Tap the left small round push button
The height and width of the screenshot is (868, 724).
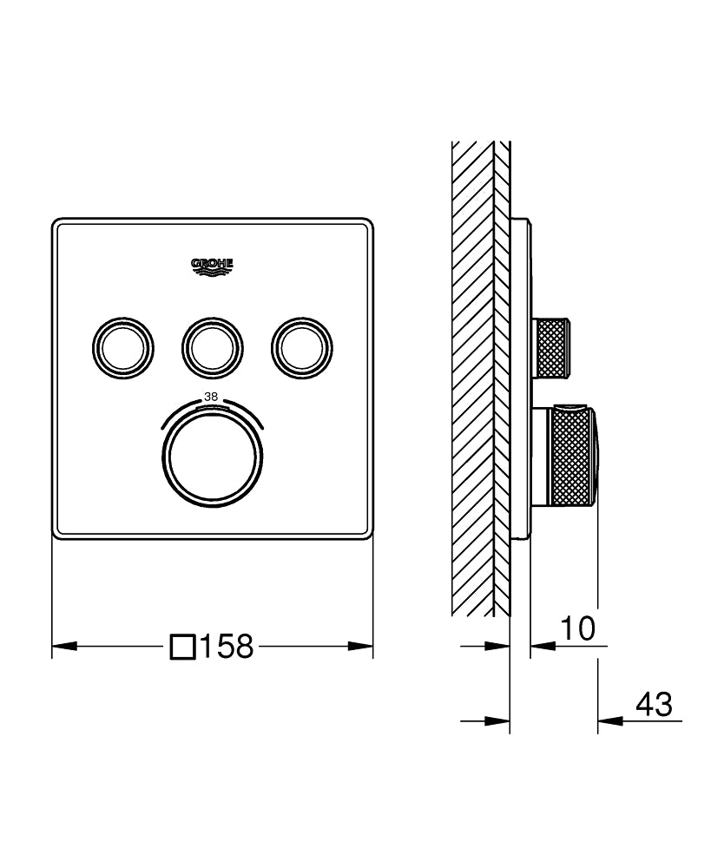pyautogui.click(x=122, y=347)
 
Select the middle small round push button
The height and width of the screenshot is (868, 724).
pyautogui.click(x=212, y=347)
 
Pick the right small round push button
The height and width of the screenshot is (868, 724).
pyautogui.click(x=301, y=347)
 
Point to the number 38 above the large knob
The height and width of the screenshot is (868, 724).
pyautogui.click(x=211, y=397)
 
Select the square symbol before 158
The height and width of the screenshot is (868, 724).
pyautogui.click(x=183, y=647)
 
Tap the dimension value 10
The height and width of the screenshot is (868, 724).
pyautogui.click(x=576, y=629)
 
